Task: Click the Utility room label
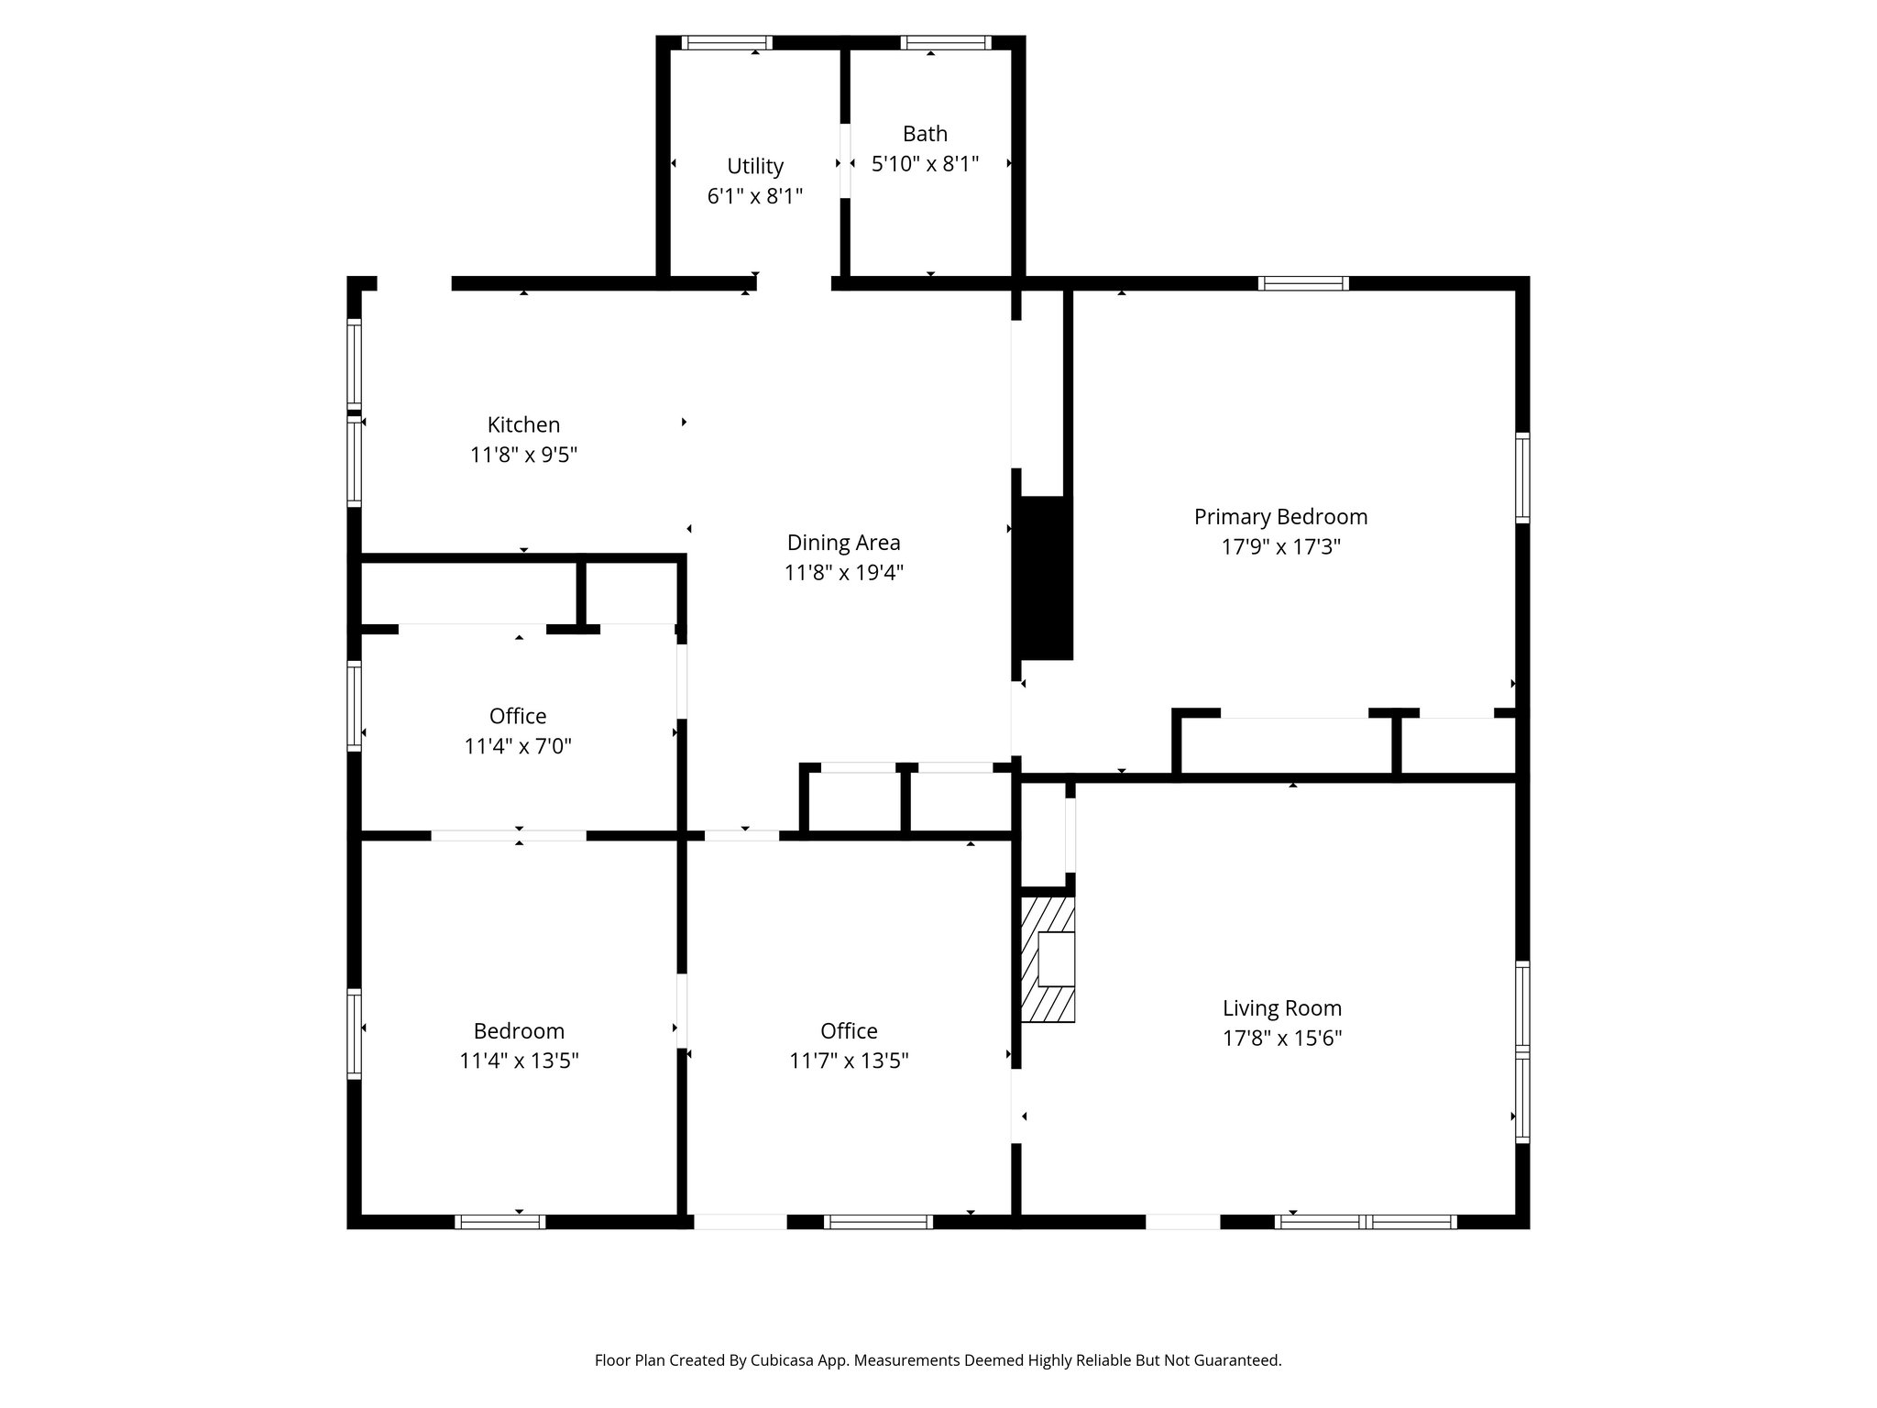[x=755, y=166]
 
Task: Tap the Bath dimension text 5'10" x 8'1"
[x=925, y=164]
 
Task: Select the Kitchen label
[x=523, y=424]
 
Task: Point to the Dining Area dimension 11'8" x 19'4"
[x=843, y=573]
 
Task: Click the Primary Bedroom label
[x=1280, y=517]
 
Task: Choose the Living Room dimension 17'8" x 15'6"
[x=1281, y=1039]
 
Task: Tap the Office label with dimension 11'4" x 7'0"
[x=518, y=716]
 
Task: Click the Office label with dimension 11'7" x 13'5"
[x=849, y=1031]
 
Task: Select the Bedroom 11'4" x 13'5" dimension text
[x=519, y=1061]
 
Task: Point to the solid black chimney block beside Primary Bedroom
[x=1046, y=577]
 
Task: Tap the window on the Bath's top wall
[x=945, y=42]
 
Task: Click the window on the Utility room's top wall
[x=727, y=42]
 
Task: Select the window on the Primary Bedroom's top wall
[x=1303, y=283]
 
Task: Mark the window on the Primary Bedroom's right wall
[x=1522, y=478]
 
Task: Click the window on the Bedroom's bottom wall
[x=499, y=1222]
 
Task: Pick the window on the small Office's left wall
[x=354, y=705]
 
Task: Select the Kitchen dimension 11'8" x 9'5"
[x=523, y=455]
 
